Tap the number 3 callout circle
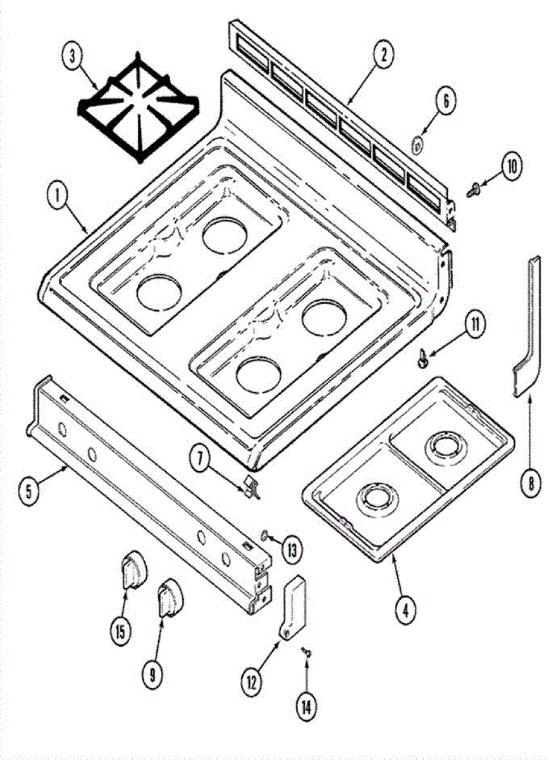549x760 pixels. [x=73, y=56]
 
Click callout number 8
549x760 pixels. [x=531, y=484]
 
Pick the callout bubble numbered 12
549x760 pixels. [x=251, y=681]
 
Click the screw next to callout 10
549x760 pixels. [x=472, y=187]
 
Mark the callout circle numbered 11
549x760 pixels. [x=472, y=326]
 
